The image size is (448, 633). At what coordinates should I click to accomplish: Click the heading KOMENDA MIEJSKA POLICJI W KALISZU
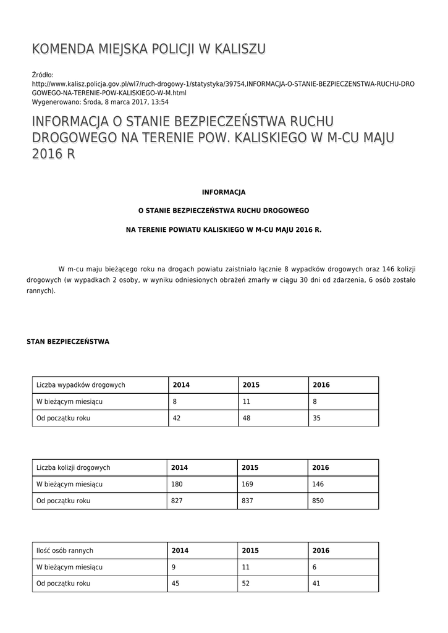[x=149, y=49]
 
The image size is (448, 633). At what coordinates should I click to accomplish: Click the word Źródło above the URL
[x=43, y=75]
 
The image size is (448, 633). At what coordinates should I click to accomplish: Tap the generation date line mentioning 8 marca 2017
[x=100, y=102]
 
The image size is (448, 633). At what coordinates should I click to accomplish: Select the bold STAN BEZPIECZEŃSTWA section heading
[x=68, y=341]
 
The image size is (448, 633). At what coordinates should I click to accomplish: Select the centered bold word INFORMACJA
[x=224, y=192]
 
